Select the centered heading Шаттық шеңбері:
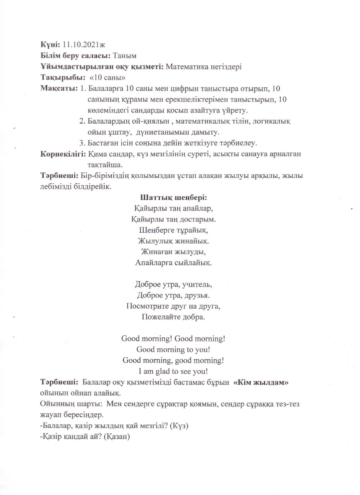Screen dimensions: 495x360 coord(173,197)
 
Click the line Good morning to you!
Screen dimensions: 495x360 coord(173,350)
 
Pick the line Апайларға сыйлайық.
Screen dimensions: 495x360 coord(173,263)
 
